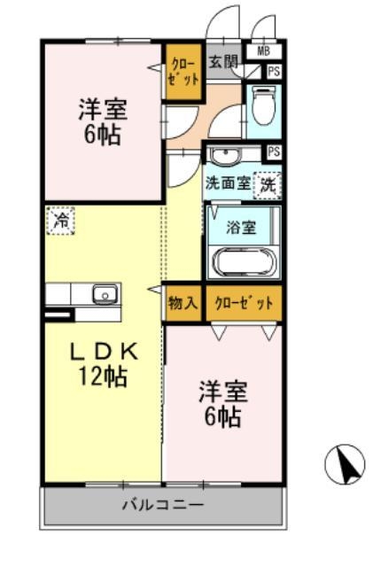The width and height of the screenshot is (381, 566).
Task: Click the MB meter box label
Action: click(263, 50)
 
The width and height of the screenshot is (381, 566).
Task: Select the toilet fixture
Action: click(263, 106)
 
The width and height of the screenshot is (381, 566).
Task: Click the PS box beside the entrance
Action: click(274, 72)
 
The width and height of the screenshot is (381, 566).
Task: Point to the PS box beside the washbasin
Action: click(274, 151)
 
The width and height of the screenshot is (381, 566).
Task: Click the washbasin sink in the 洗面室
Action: click(225, 156)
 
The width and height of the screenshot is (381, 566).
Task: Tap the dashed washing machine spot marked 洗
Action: click(268, 185)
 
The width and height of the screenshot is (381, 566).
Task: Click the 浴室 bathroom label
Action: click(241, 228)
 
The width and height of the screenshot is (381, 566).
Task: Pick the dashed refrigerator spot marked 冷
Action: click(60, 221)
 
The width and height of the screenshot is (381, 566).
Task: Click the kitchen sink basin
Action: click(105, 295)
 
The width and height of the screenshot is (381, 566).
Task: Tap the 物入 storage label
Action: click(183, 303)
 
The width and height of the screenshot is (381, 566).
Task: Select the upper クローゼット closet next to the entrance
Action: click(183, 72)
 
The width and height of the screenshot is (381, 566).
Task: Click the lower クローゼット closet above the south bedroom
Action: click(245, 304)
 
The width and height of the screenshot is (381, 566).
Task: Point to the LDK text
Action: click(104, 352)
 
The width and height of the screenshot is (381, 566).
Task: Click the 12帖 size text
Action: click(103, 376)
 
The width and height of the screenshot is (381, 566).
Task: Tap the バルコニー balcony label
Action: click(163, 505)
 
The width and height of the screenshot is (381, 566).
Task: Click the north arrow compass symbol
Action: click(345, 464)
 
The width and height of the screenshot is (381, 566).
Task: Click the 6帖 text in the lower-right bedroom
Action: click(222, 417)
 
